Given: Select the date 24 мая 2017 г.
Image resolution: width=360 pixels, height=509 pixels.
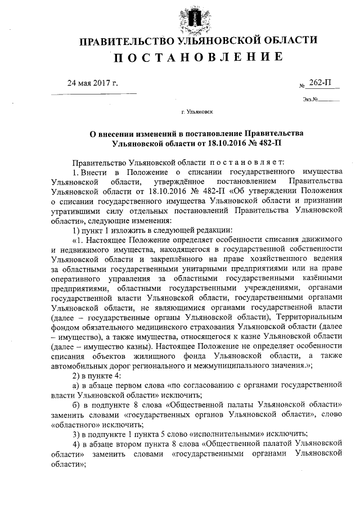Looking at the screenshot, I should [93, 84].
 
